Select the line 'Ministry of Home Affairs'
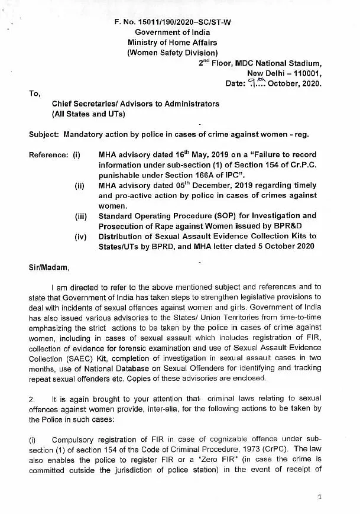point(173,43)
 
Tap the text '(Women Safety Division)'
point(173,53)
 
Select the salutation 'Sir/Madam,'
point(49,267)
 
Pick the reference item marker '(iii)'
point(82,216)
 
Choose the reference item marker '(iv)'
point(82,236)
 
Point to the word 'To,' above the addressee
point(35,93)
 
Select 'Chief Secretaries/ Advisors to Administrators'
point(135,104)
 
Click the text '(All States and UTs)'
point(89,114)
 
